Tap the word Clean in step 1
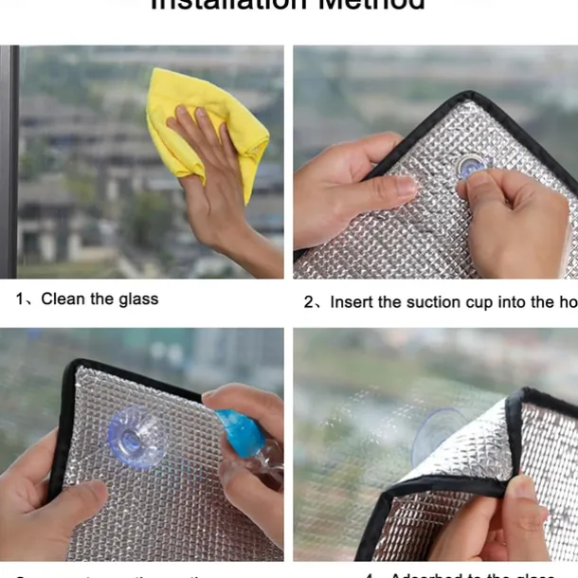click(x=63, y=299)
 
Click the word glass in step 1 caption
click(x=138, y=299)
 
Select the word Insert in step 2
click(x=352, y=302)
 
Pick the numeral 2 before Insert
click(x=309, y=302)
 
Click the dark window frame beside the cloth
click(x=9, y=161)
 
